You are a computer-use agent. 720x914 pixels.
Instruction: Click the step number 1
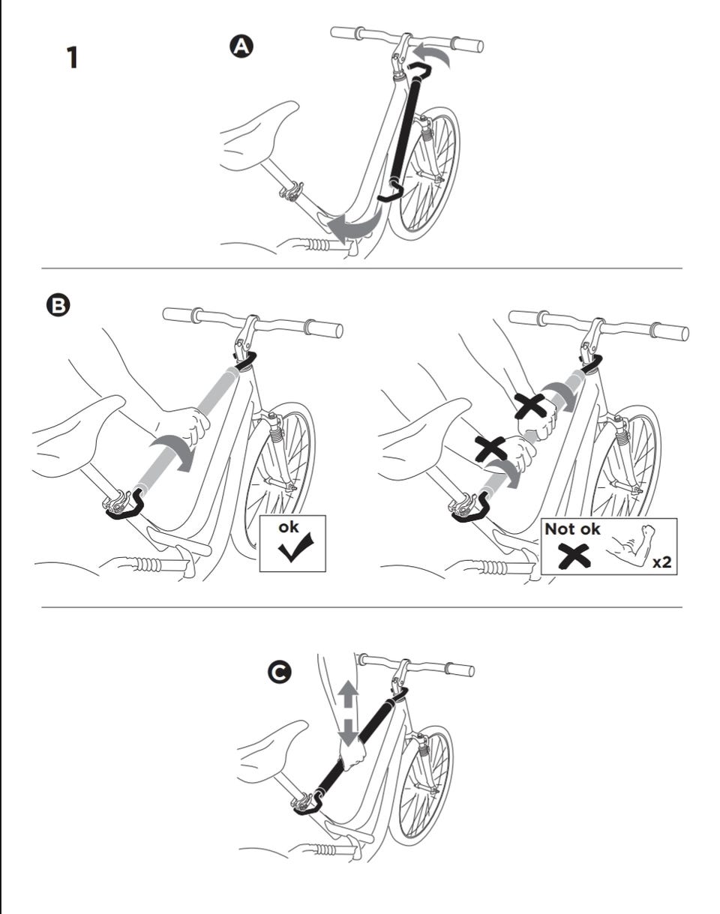pyautogui.click(x=72, y=58)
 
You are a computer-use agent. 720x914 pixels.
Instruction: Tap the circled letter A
pyautogui.click(x=241, y=46)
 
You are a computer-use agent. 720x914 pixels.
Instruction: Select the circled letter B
pyautogui.click(x=58, y=305)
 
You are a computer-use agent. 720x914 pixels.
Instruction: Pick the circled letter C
pyautogui.click(x=280, y=673)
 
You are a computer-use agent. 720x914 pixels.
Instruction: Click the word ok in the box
pyautogui.click(x=289, y=528)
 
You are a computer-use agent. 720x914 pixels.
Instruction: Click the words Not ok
pyautogui.click(x=573, y=529)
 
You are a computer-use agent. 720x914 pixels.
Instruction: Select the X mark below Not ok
pyautogui.click(x=572, y=556)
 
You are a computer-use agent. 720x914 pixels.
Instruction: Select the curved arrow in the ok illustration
pyautogui.click(x=172, y=454)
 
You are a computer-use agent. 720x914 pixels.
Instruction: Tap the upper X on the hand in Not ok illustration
pyautogui.click(x=529, y=405)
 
